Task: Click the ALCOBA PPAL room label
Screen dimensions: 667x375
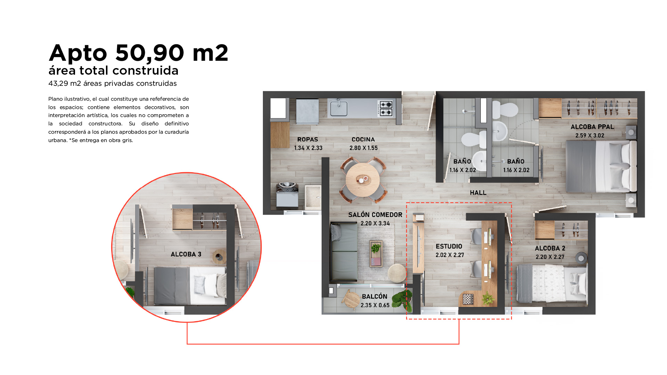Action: coord(592,127)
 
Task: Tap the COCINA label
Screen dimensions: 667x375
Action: coord(363,139)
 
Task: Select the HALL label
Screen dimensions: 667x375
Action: coord(478,193)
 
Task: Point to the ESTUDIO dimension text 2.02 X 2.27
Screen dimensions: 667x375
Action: coord(450,255)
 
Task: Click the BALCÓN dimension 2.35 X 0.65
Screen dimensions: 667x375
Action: coord(375,305)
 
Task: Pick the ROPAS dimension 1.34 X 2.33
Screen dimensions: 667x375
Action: coord(308,148)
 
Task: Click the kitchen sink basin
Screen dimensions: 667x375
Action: coord(338,108)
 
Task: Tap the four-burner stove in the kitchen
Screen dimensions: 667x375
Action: coord(385,108)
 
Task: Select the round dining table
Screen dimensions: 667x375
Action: coord(363,180)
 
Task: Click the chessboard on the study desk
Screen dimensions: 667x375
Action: coord(468,299)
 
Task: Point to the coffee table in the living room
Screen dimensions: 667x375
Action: coord(376,253)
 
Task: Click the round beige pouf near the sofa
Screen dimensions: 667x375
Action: coord(397,273)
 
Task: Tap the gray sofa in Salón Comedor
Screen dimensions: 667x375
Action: coord(344,252)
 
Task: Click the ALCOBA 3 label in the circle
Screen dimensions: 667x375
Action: coord(186,254)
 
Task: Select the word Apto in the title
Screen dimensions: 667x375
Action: coord(78,53)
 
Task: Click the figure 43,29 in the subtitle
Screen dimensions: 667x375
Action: coord(58,83)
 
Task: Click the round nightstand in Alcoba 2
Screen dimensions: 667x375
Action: coord(581,258)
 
